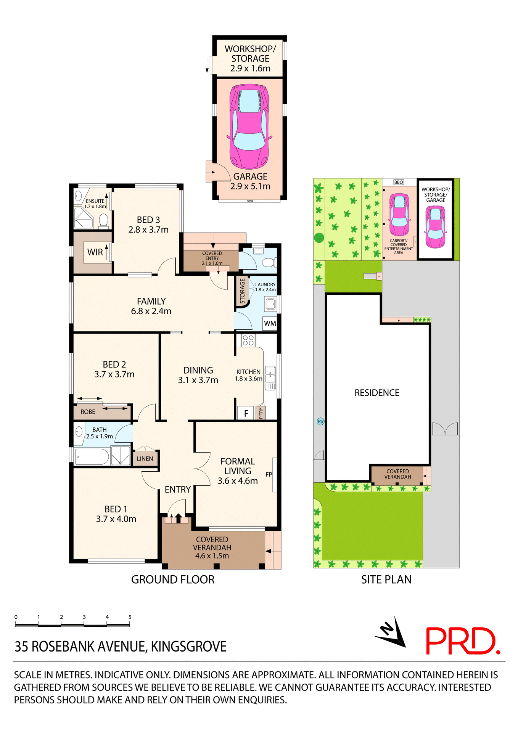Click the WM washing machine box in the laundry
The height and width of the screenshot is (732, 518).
pos(270,323)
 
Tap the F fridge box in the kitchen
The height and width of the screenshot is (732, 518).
pos(246,413)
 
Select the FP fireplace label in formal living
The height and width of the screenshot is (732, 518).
pos(269,474)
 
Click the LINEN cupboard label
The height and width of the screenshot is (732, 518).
pos(145,459)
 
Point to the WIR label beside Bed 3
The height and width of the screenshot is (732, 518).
pos(95,252)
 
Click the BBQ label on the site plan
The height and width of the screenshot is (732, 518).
pos(399,182)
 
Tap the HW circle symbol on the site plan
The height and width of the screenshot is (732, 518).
pos(321,421)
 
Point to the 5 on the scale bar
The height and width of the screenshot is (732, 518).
pos(130,617)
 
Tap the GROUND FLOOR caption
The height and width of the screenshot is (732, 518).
pos(173,579)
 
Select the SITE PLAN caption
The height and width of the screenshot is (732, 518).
pos(386,579)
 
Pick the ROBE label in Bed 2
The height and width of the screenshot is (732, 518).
pos(88,412)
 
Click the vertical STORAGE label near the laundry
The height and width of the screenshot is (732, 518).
pos(242,291)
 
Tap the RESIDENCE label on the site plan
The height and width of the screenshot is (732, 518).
pos(377,393)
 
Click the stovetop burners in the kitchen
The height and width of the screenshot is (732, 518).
pos(248,340)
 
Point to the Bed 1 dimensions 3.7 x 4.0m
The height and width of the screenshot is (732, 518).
pos(116,519)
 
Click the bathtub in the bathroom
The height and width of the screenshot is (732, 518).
pos(92,457)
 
